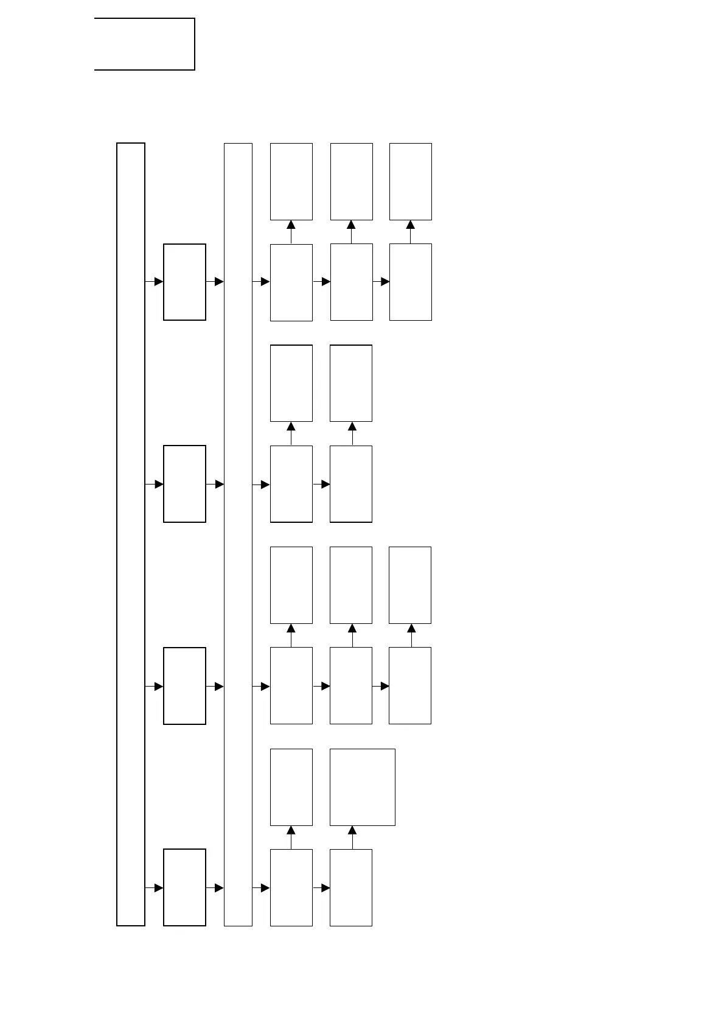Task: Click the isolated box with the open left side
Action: (145, 44)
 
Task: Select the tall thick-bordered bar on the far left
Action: (131, 534)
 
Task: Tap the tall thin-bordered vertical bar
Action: (238, 534)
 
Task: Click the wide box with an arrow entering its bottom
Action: (362, 787)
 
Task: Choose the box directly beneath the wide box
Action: (351, 887)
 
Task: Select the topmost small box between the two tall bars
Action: (184, 282)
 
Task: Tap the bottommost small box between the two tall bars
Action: (184, 887)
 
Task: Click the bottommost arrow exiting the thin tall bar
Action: (261, 888)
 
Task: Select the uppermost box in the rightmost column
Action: (411, 181)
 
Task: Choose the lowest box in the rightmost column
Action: (410, 685)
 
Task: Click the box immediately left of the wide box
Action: (291, 787)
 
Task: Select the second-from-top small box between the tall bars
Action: (184, 484)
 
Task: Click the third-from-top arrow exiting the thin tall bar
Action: (261, 687)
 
